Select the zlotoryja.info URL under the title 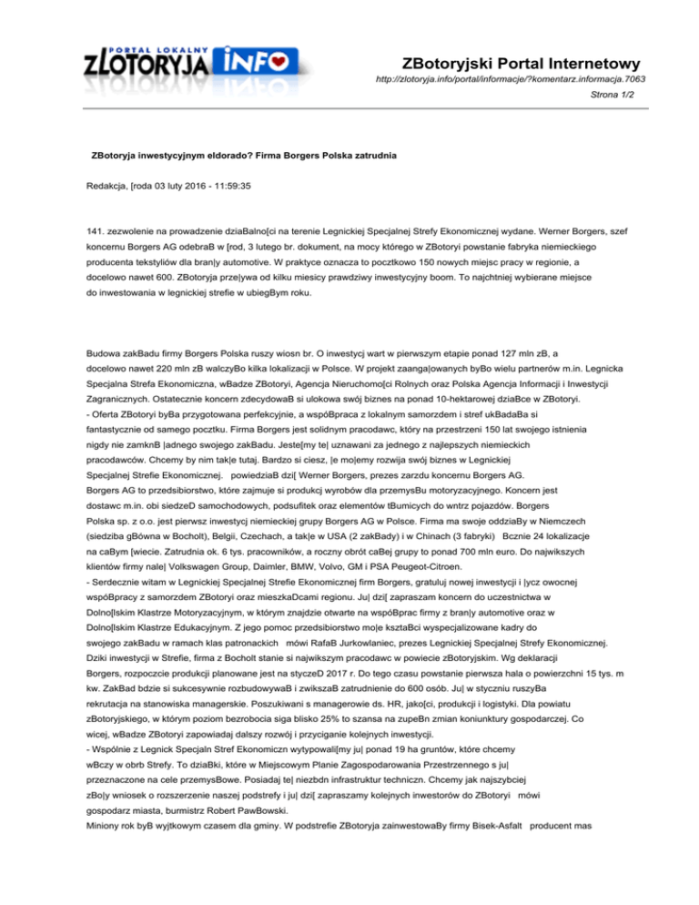[512, 80]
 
